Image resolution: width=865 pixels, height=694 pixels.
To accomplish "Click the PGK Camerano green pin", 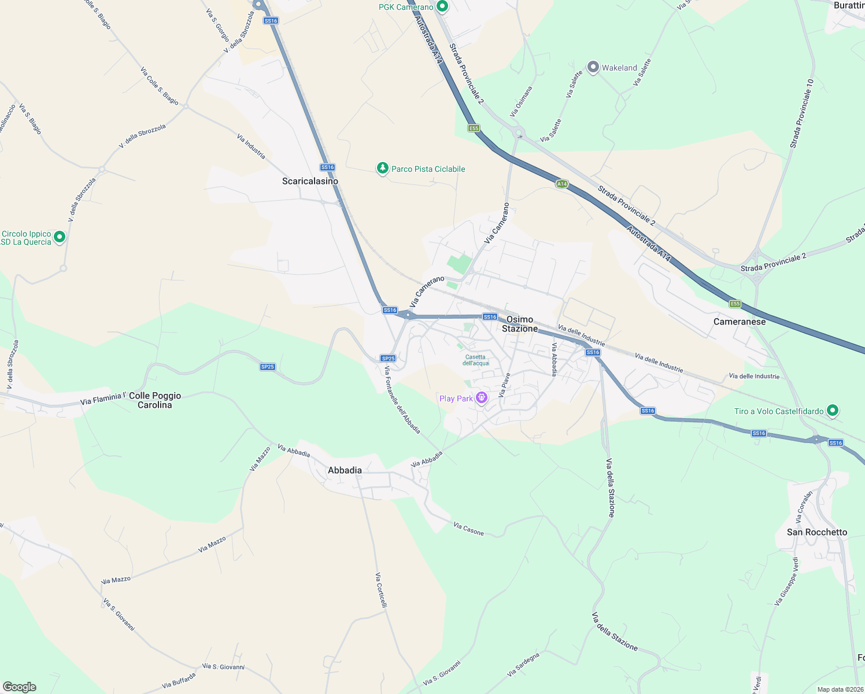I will pyautogui.click(x=442, y=7).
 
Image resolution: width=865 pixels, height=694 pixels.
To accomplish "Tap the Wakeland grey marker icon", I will pyautogui.click(x=593, y=67).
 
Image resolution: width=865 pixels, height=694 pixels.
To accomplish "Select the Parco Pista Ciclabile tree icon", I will pyautogui.click(x=382, y=168).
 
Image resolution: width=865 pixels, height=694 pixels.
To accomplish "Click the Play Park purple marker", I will pyautogui.click(x=481, y=398).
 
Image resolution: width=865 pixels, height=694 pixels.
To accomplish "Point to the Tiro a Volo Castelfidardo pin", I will pyautogui.click(x=833, y=411).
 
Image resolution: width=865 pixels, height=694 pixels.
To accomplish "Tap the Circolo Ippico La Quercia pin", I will pyautogui.click(x=59, y=237).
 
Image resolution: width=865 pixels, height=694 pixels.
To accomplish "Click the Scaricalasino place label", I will pyautogui.click(x=310, y=181).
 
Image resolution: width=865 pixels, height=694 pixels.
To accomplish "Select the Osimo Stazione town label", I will pyautogui.click(x=520, y=324).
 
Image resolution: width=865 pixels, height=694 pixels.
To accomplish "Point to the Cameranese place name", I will pyautogui.click(x=740, y=322).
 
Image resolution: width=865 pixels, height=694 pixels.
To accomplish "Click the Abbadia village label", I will pyautogui.click(x=345, y=470).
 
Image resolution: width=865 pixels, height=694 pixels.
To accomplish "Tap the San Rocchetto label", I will pyautogui.click(x=817, y=532).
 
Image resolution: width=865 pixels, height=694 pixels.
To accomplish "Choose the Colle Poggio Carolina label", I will pyautogui.click(x=155, y=400).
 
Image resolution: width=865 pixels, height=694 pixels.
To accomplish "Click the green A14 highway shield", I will pyautogui.click(x=561, y=184).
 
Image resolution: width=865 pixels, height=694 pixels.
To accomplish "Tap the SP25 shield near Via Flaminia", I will pyautogui.click(x=267, y=367).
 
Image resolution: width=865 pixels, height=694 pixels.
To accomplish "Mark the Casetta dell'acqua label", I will pyautogui.click(x=475, y=360).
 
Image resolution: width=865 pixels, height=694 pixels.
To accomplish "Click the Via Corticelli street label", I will pyautogui.click(x=381, y=590).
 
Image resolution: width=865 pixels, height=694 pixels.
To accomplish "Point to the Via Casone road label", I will pyautogui.click(x=468, y=529).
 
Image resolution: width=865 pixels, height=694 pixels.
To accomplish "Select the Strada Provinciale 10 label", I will pyautogui.click(x=802, y=113).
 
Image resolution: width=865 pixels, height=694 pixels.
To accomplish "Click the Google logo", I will pyautogui.click(x=19, y=687).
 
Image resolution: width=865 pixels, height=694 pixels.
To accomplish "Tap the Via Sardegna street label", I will pyautogui.click(x=523, y=665).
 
